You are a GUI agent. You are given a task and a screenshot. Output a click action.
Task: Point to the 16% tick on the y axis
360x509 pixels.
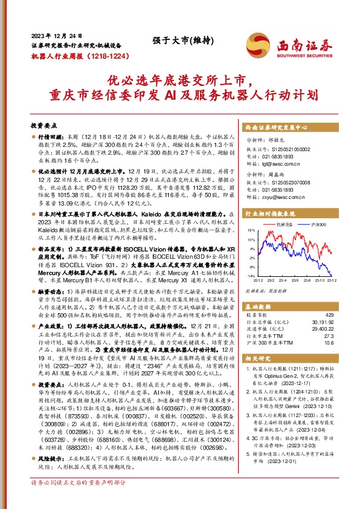point(250,230)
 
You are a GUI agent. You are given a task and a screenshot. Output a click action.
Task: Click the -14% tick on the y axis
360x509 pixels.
point(249,276)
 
